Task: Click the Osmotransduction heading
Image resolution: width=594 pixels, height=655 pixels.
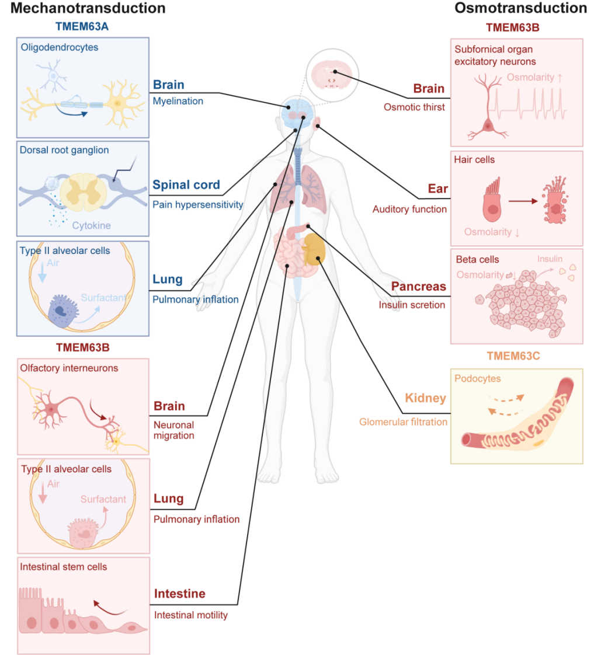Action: (x=520, y=8)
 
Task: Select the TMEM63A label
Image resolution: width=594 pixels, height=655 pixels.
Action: (x=83, y=26)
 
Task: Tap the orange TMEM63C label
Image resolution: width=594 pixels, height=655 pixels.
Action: (x=517, y=356)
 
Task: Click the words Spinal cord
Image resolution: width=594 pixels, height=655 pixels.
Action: (x=186, y=185)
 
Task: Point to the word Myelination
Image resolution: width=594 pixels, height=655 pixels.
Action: (x=178, y=101)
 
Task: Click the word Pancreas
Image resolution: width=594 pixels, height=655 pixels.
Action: (x=419, y=287)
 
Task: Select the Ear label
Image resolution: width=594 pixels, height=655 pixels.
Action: (x=437, y=189)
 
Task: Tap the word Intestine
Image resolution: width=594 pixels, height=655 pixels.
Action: (x=180, y=594)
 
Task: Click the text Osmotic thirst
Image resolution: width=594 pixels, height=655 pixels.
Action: (x=414, y=107)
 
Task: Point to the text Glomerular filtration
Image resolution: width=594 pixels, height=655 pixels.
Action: (x=403, y=422)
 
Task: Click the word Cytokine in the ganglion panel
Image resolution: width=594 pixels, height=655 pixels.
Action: (x=92, y=225)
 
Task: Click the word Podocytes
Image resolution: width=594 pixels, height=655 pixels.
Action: (x=478, y=378)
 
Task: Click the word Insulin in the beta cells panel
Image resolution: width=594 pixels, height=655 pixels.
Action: (x=550, y=259)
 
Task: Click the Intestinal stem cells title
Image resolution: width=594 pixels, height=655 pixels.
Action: (x=64, y=566)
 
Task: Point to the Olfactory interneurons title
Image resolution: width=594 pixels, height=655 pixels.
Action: (x=69, y=368)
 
